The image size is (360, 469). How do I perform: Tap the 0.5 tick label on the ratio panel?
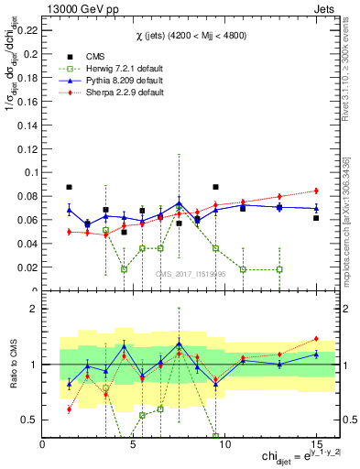(30, 420)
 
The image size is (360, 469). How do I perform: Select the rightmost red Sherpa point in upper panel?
(315, 191)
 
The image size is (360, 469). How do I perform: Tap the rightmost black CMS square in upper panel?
(315, 218)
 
